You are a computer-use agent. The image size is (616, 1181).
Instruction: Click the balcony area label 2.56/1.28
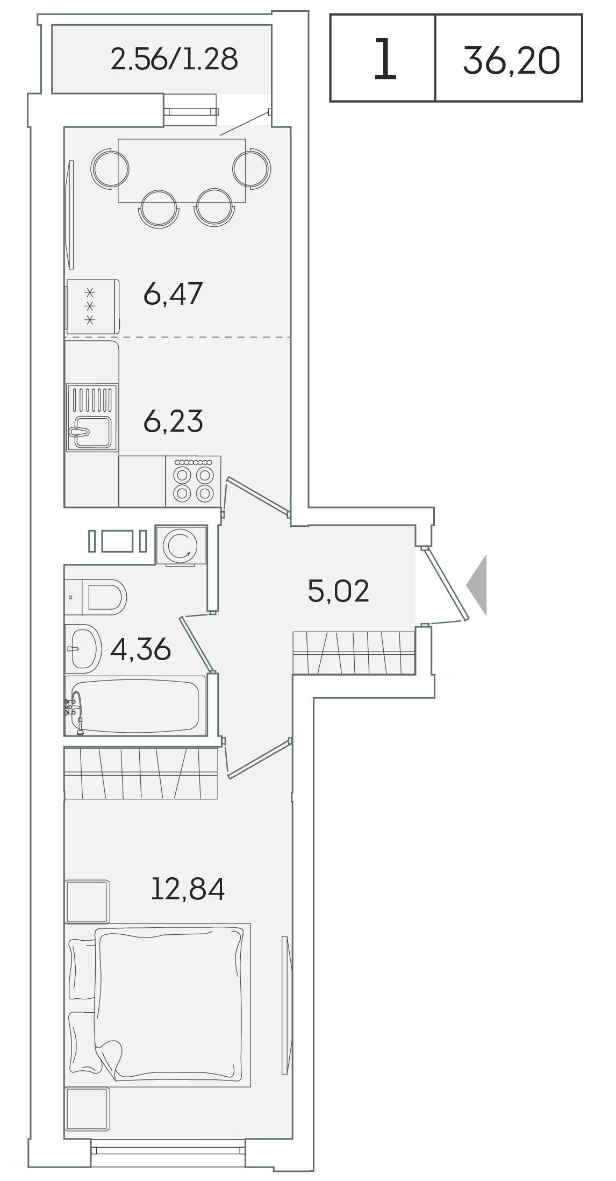174,59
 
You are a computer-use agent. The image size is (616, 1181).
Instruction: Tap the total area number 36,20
511,60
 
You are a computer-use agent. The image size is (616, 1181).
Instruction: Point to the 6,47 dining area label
173,294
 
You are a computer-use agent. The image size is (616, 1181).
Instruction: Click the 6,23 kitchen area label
173,421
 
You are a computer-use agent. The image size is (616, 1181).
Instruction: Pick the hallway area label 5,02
338,591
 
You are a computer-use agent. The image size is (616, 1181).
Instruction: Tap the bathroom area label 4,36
140,649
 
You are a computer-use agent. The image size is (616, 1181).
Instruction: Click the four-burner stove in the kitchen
193,481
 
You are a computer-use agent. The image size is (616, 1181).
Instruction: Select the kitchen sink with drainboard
92,418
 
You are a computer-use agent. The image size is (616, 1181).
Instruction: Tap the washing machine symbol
181,545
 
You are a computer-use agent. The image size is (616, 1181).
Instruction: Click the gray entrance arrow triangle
476,585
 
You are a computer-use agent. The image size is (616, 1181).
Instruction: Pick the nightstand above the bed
87,901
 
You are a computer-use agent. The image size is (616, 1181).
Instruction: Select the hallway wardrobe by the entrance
354,653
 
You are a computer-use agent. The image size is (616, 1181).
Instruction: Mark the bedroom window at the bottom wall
168,1147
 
